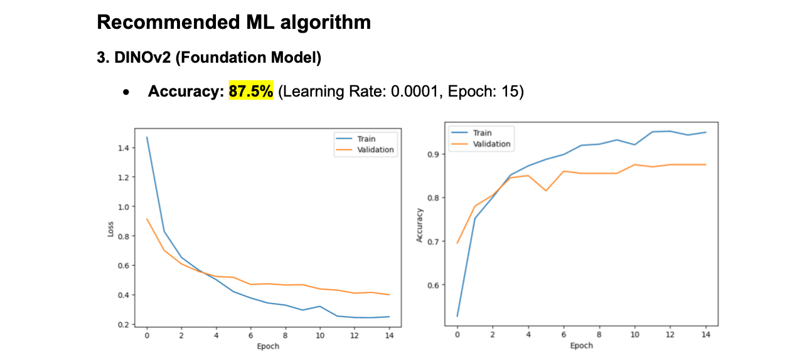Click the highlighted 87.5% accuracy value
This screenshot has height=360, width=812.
(x=251, y=92)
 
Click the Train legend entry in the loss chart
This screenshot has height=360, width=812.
(x=366, y=139)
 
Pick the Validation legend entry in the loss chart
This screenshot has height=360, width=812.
(x=375, y=149)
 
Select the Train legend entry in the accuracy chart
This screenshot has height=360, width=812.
(x=481, y=133)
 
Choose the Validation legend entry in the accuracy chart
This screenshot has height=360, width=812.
(x=491, y=144)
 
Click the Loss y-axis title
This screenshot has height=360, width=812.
(x=111, y=228)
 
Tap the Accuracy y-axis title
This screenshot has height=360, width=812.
(x=419, y=225)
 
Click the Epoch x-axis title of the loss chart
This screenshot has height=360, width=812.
(x=268, y=346)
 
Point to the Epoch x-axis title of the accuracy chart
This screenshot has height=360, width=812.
(x=581, y=345)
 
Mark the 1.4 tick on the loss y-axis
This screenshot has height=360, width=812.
(x=123, y=148)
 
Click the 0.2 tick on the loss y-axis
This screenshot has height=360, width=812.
(x=123, y=324)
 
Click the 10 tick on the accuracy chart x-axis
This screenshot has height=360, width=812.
(x=634, y=335)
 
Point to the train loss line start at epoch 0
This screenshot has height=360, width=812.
(x=147, y=137)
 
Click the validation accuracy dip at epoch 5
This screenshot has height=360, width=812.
(x=546, y=191)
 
